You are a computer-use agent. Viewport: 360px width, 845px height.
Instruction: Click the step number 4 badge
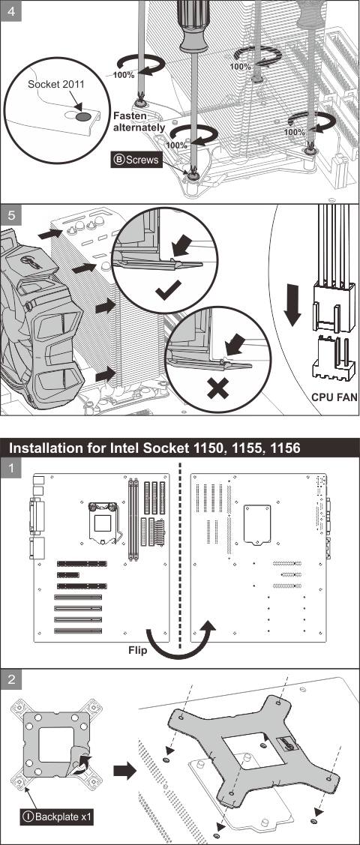[11, 10]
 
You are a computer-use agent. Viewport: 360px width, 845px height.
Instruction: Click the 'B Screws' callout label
[137, 160]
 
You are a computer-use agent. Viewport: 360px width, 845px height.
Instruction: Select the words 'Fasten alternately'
[139, 121]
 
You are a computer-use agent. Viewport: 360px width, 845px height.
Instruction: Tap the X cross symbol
[217, 388]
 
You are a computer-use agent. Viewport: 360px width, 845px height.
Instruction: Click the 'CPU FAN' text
[334, 397]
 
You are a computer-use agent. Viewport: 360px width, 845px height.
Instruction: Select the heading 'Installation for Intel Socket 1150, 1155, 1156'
[155, 448]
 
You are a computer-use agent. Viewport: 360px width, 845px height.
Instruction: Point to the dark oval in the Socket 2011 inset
[83, 116]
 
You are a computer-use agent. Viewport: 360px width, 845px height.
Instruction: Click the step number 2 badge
[11, 680]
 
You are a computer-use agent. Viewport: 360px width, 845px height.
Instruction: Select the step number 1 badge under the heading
[11, 469]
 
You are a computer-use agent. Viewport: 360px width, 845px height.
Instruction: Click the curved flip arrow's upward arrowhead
[206, 626]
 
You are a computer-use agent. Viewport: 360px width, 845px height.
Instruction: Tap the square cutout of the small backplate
[56, 745]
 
